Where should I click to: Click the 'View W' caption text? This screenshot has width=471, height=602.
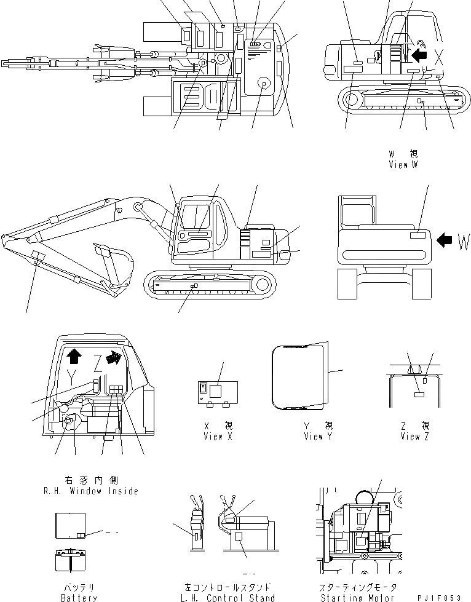tap(407, 165)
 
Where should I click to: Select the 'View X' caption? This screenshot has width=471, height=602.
tap(218, 436)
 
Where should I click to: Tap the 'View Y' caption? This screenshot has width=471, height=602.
tap(318, 436)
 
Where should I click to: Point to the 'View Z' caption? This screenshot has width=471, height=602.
tap(415, 436)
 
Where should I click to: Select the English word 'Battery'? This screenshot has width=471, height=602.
tap(79, 597)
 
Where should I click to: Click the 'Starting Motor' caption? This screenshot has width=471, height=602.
tap(358, 597)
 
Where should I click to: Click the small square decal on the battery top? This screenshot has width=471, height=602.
tap(81, 535)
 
